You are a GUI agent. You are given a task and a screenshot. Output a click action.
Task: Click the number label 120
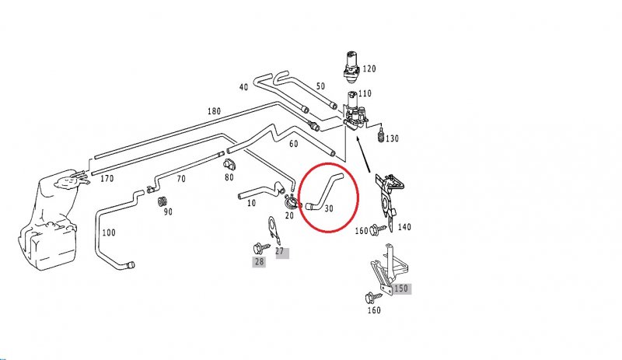tap(369, 69)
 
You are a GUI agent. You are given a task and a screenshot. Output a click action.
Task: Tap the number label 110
tap(365, 93)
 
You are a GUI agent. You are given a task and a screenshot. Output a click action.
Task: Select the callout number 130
tap(391, 138)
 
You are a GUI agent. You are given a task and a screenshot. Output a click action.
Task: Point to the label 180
tap(214, 111)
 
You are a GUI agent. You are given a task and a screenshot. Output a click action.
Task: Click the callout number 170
tap(107, 178)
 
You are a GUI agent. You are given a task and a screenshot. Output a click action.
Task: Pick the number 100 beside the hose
tap(108, 232)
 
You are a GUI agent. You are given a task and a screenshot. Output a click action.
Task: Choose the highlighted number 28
tap(258, 262)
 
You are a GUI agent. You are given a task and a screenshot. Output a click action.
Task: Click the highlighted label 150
tap(400, 288)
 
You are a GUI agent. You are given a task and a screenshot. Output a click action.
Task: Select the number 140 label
tap(404, 227)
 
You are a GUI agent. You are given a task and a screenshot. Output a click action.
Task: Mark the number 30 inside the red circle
tap(329, 208)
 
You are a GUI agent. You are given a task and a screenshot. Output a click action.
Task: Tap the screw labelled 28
tap(257, 248)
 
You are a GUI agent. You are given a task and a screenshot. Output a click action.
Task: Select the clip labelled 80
tap(229, 164)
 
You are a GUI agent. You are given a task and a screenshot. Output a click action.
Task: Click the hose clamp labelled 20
tap(289, 204)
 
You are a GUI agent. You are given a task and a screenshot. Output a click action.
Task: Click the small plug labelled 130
tap(379, 138)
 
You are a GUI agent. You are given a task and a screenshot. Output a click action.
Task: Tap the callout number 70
tap(180, 179)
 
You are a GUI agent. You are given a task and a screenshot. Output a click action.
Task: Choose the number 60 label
tap(293, 144)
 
